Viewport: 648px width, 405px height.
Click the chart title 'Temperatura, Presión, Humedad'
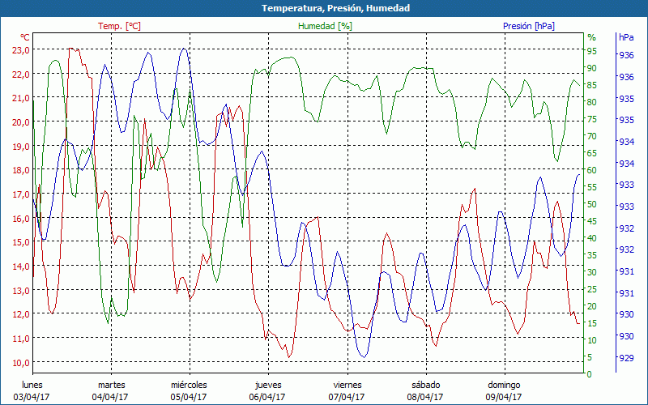click(324, 8)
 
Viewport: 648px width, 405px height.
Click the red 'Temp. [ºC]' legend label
click(119, 26)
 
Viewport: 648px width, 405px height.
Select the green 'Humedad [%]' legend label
click(326, 26)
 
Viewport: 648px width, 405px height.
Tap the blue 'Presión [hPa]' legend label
click(529, 26)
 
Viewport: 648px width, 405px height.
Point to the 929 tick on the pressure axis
click(626, 358)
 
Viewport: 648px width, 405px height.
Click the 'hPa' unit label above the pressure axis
click(626, 37)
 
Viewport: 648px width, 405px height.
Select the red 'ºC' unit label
click(25, 37)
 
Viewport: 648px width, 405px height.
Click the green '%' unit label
click(591, 37)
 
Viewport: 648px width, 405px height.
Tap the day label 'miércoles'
click(189, 385)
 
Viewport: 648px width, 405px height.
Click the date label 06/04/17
click(267, 397)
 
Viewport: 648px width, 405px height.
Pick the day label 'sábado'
click(425, 385)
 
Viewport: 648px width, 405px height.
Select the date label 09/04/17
click(504, 397)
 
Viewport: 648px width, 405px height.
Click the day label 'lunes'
click(32, 385)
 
